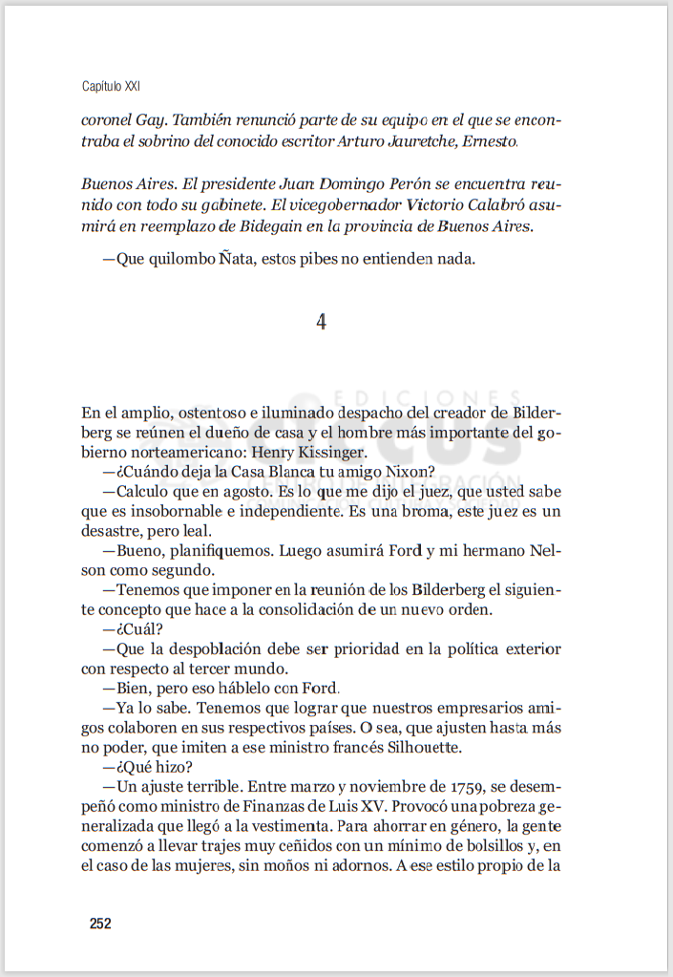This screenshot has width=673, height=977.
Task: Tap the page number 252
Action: click(x=100, y=924)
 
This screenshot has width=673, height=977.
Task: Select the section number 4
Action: click(x=322, y=323)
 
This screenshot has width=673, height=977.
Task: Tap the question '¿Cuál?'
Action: click(x=132, y=629)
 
